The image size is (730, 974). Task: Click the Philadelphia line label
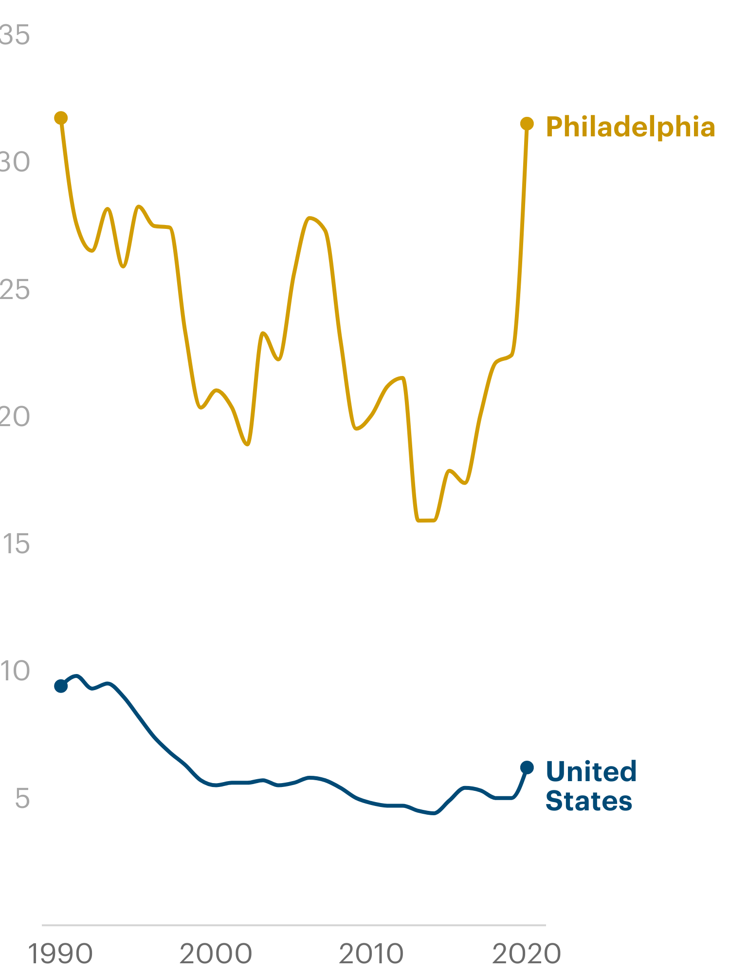pyautogui.click(x=630, y=127)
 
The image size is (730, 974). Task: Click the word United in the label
pyautogui.click(x=591, y=771)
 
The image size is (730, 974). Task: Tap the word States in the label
pyautogui.click(x=588, y=801)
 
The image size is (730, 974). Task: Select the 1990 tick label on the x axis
pyautogui.click(x=60, y=954)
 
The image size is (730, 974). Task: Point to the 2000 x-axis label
pyautogui.click(x=216, y=954)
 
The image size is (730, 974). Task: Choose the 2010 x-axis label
pyautogui.click(x=371, y=954)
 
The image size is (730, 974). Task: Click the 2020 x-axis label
pyautogui.click(x=527, y=954)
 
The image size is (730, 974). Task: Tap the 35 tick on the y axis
pyautogui.click(x=15, y=35)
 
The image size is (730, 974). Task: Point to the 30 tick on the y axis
pyautogui.click(x=15, y=162)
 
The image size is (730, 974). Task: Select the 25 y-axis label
pyautogui.click(x=15, y=290)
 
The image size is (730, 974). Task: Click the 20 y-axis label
pyautogui.click(x=15, y=417)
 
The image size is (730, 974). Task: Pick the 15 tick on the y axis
pyautogui.click(x=17, y=544)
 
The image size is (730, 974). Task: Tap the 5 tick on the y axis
pyautogui.click(x=22, y=798)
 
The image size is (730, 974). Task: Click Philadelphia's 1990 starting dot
pyautogui.click(x=61, y=118)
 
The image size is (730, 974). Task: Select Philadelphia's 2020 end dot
pyautogui.click(x=527, y=124)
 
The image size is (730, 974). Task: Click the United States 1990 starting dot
pyautogui.click(x=61, y=686)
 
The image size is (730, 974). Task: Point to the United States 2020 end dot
pyautogui.click(x=527, y=768)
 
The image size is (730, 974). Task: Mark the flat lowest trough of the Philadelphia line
pyautogui.click(x=426, y=521)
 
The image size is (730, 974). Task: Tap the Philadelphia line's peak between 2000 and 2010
pyautogui.click(x=310, y=218)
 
